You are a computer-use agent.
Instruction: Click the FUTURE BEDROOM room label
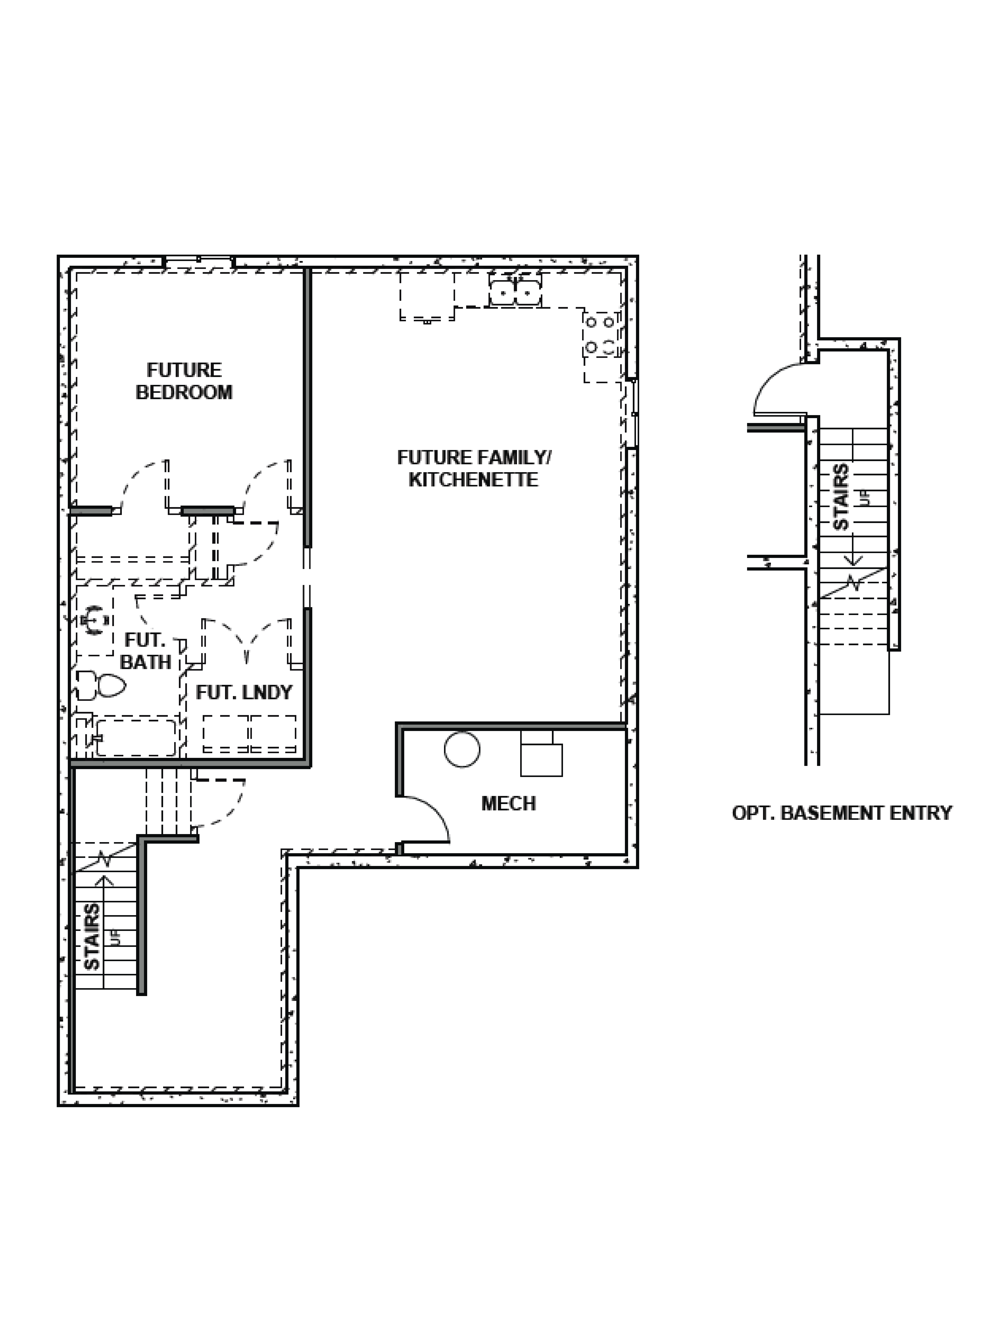click(x=184, y=381)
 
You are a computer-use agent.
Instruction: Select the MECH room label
click(x=509, y=803)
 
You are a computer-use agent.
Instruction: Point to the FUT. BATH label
click(x=146, y=651)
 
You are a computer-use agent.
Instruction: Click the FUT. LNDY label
click(x=244, y=692)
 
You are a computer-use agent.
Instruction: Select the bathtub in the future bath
click(x=136, y=737)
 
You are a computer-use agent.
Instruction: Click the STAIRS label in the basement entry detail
click(x=841, y=497)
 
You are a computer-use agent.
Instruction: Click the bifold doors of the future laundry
click(x=247, y=641)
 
